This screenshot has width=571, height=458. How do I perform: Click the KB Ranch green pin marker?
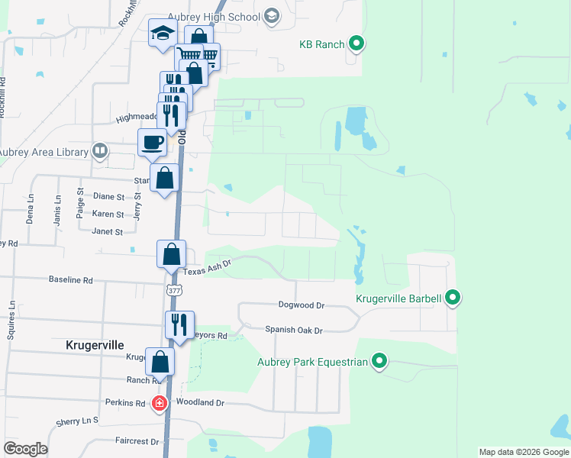click(356, 44)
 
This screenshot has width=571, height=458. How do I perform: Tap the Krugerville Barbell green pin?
click(453, 298)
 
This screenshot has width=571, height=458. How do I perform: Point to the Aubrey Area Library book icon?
click(99, 151)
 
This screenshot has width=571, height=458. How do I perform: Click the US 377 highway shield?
click(173, 290)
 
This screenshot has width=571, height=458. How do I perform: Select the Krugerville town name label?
click(95, 345)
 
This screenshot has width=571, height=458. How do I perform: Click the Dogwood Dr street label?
click(302, 305)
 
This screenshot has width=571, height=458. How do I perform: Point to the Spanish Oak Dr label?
click(294, 330)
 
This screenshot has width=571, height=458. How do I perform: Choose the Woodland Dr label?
click(200, 402)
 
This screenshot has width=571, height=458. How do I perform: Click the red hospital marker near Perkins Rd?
click(160, 403)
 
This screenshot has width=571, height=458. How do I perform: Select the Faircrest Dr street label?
click(137, 441)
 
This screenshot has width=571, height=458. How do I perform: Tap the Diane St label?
click(108, 197)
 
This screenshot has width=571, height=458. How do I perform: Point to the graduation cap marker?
click(163, 33)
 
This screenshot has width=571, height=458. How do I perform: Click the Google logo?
click(25, 449)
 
